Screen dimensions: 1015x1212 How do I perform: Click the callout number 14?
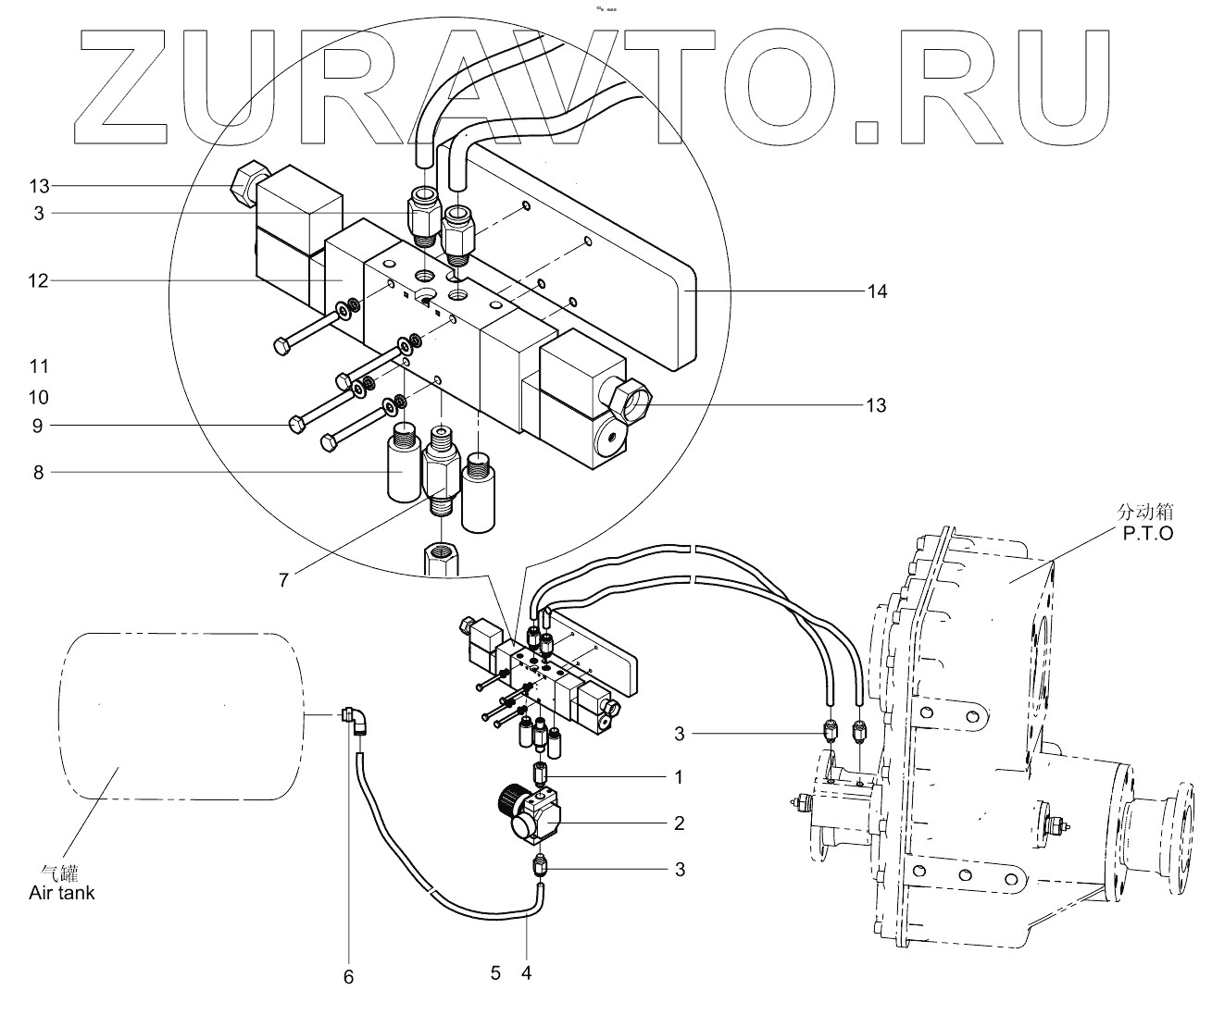coord(877,291)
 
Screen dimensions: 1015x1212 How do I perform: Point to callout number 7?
coord(284,580)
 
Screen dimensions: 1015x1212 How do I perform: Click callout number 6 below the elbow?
coord(349,977)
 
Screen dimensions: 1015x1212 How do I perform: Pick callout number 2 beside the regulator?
coord(679,823)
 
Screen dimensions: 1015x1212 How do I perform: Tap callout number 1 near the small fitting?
coord(679,777)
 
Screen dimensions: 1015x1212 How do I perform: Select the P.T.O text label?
coord(1145,534)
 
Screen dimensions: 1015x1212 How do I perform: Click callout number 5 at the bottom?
coord(495,972)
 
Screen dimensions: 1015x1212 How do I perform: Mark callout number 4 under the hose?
coord(526,972)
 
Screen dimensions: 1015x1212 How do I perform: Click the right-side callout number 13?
coord(876,405)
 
